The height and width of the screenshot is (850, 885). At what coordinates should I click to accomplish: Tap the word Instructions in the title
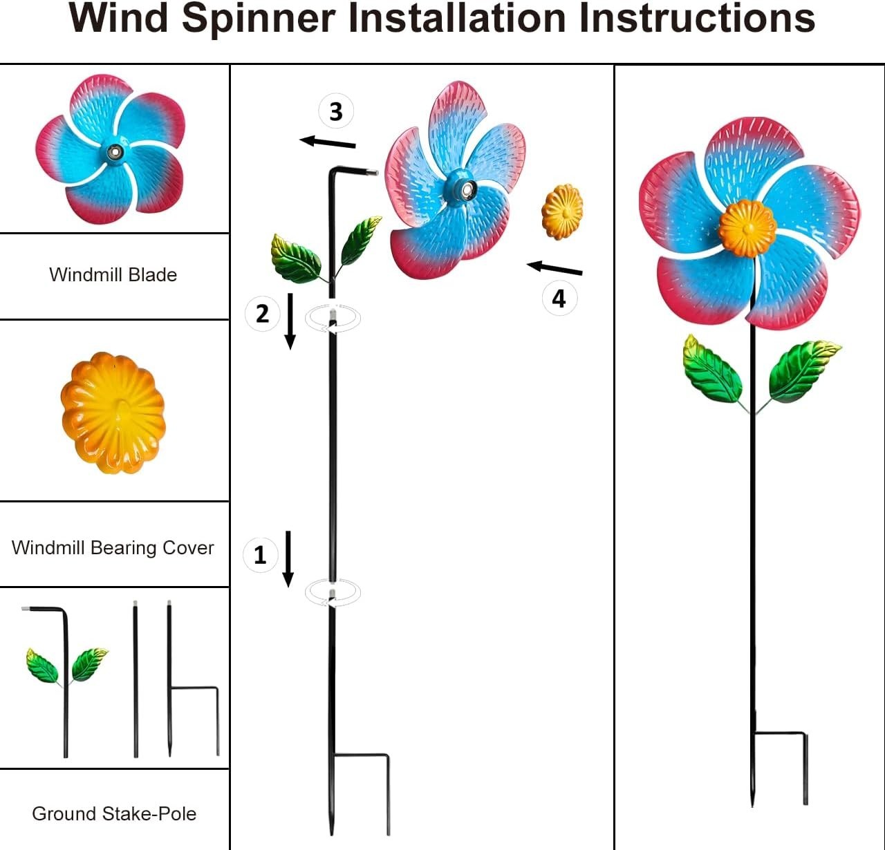pyautogui.click(x=697, y=19)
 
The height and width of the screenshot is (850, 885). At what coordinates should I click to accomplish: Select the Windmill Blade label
pyautogui.click(x=113, y=275)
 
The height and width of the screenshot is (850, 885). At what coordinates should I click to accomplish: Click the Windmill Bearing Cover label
pyautogui.click(x=113, y=548)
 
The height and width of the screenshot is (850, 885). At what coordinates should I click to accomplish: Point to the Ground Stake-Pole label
pyautogui.click(x=114, y=814)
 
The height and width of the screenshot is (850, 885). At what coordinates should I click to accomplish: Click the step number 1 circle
pyautogui.click(x=260, y=555)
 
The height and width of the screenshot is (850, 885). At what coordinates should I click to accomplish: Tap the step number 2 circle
pyautogui.click(x=262, y=314)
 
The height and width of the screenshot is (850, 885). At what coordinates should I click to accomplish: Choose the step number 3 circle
pyautogui.click(x=336, y=111)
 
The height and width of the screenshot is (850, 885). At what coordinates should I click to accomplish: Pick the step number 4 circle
pyautogui.click(x=559, y=299)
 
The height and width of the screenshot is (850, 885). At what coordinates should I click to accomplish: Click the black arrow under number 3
pyautogui.click(x=328, y=142)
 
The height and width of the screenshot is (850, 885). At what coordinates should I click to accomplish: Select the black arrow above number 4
pyautogui.click(x=555, y=268)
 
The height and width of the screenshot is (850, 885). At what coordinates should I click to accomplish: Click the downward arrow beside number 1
pyautogui.click(x=288, y=559)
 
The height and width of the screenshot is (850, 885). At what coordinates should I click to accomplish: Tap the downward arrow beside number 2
pyautogui.click(x=290, y=321)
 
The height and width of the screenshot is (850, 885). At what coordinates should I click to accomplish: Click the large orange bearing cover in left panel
pyautogui.click(x=113, y=413)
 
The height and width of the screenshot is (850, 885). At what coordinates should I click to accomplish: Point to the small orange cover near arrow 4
pyautogui.click(x=562, y=211)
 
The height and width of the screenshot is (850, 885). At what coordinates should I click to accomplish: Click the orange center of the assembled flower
pyautogui.click(x=747, y=228)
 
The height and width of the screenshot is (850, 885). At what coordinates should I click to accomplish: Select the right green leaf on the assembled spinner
pyautogui.click(x=802, y=370)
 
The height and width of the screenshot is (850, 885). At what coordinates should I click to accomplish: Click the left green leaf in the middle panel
pyautogui.click(x=297, y=259)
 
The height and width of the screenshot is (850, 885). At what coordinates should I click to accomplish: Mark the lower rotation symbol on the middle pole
pyautogui.click(x=333, y=593)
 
